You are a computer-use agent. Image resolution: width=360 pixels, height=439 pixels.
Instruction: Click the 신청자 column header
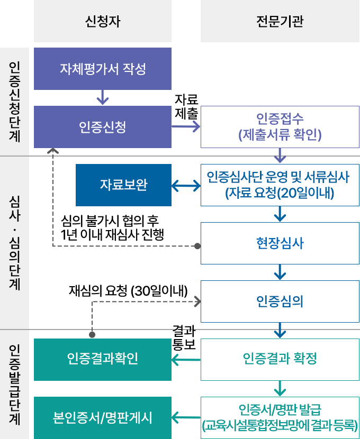click(102, 22)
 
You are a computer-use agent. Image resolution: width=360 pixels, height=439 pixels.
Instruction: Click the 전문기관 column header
click(280, 22)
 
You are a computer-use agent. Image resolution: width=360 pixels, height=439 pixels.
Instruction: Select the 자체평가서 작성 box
click(102, 69)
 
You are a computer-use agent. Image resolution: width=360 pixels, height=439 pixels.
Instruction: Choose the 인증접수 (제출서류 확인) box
click(280, 126)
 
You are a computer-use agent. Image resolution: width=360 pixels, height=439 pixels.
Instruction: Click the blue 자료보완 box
click(123, 185)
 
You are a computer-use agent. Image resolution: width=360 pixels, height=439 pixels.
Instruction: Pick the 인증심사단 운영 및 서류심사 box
click(280, 185)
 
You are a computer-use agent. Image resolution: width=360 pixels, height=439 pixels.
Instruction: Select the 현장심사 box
click(280, 243)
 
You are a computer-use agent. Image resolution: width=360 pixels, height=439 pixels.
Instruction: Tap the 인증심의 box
click(280, 301)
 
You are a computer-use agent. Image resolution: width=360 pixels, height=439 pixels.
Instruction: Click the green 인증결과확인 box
click(102, 359)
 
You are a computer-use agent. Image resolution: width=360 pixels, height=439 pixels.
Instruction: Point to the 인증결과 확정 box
click(280, 359)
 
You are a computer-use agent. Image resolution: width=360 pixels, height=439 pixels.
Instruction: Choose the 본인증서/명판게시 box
click(102, 417)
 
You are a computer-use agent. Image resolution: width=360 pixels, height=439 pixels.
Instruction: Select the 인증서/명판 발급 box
click(280, 417)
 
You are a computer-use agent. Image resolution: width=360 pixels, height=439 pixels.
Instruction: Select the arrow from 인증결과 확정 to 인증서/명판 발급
click(280, 388)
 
